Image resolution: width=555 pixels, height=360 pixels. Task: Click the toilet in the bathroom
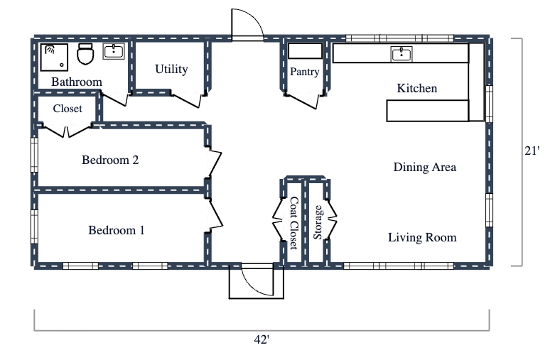pyautogui.click(x=85, y=54)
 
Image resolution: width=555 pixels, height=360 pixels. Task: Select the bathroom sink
pyautogui.click(x=114, y=51)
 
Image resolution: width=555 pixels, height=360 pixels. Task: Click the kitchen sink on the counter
pyautogui.click(x=402, y=54)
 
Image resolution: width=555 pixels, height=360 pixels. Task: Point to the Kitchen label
pyautogui.click(x=416, y=89)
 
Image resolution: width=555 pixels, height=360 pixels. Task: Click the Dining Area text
pyautogui.click(x=424, y=168)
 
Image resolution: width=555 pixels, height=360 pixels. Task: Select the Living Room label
pyautogui.click(x=422, y=237)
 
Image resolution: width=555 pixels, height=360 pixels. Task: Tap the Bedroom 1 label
pyautogui.click(x=117, y=230)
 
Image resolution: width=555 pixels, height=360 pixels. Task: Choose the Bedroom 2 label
pyautogui.click(x=110, y=160)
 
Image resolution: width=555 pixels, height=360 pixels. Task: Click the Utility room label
pyautogui.click(x=171, y=69)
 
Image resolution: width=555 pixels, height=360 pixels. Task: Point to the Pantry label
pyautogui.click(x=304, y=72)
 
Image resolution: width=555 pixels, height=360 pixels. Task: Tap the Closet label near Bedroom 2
pyautogui.click(x=68, y=109)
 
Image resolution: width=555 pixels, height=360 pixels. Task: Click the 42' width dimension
pyautogui.click(x=262, y=339)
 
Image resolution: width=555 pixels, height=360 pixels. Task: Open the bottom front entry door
pyautogui.click(x=256, y=282)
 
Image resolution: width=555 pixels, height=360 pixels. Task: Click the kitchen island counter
pyautogui.click(x=427, y=111)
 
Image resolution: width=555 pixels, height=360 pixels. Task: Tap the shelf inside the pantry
pyautogui.click(x=305, y=51)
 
